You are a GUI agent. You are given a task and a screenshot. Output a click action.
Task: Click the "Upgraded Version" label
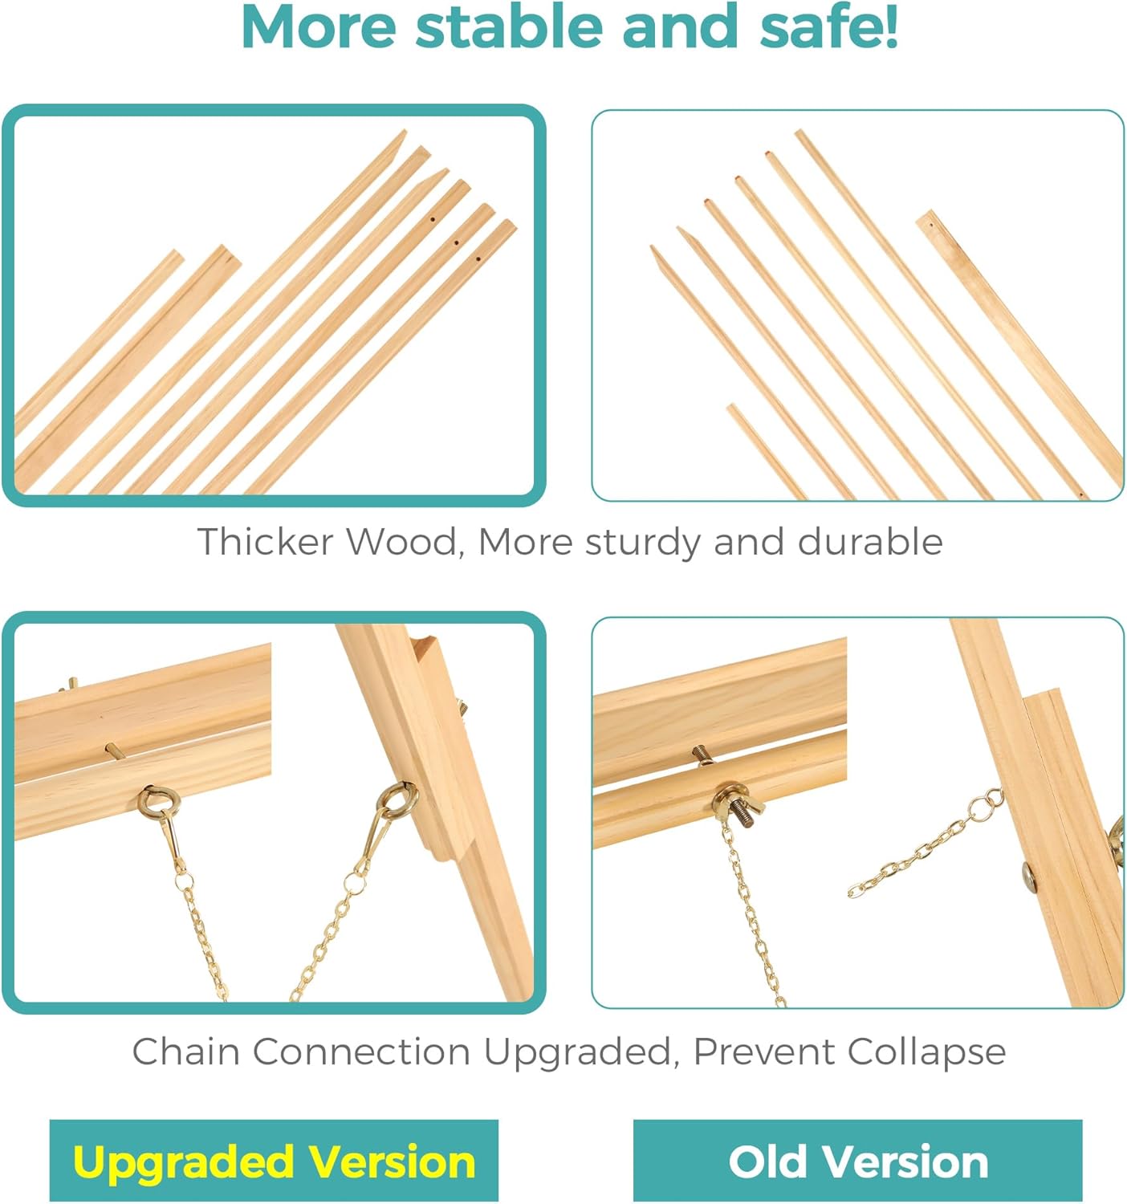pyautogui.click(x=274, y=1161)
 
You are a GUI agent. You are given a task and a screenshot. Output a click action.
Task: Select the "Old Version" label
pyautogui.click(x=857, y=1161)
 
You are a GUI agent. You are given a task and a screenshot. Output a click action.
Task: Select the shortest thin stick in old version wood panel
pyautogui.click(x=767, y=449)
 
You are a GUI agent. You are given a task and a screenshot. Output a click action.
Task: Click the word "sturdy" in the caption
pyautogui.click(x=642, y=542)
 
